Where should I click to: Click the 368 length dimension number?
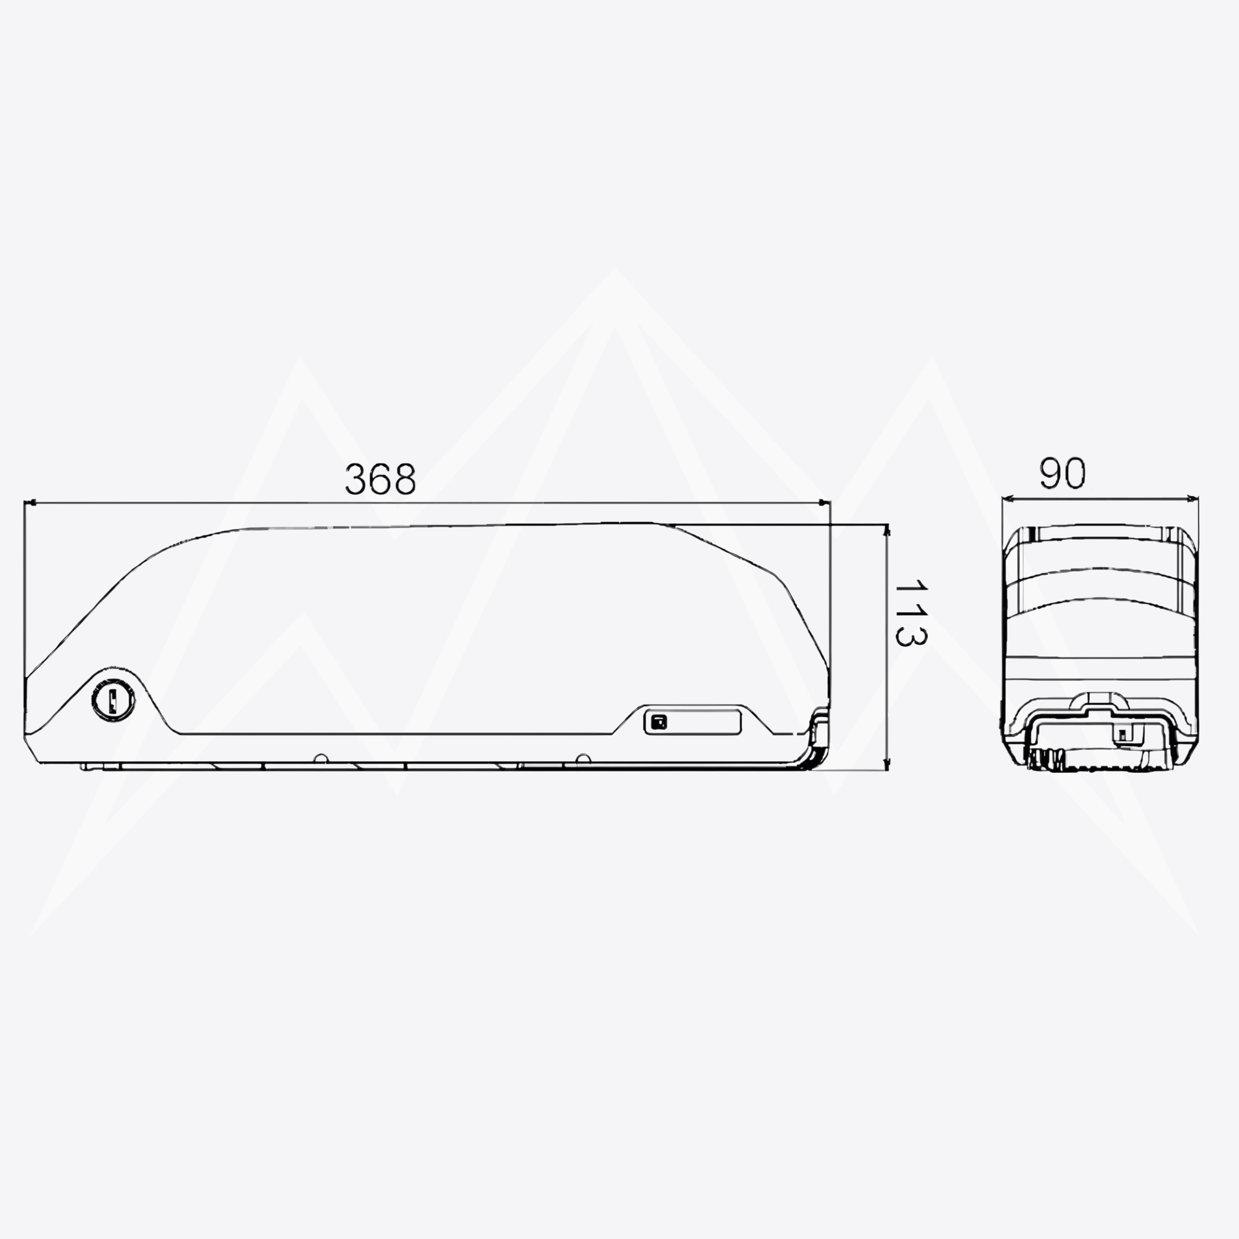(380, 479)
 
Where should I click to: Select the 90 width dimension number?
(1063, 473)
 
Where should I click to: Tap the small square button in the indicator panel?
(659, 722)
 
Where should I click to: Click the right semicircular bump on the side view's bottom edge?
(582, 758)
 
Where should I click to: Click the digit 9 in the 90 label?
(1050, 473)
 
